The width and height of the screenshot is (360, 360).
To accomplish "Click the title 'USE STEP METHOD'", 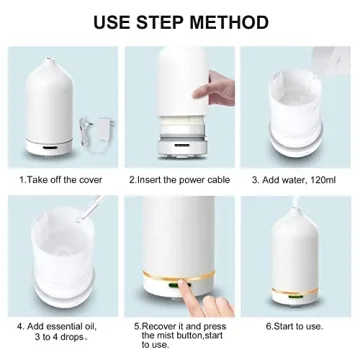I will [x=180, y=21].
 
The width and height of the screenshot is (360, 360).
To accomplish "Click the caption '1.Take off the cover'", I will [x=58, y=180].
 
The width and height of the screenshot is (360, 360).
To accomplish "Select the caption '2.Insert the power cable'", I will [x=180, y=180].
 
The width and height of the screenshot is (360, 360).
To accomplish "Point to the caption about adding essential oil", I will [x=58, y=332].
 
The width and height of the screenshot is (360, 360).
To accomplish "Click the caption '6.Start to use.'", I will [x=294, y=326].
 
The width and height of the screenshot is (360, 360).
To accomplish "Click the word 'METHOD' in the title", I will [x=228, y=21].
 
